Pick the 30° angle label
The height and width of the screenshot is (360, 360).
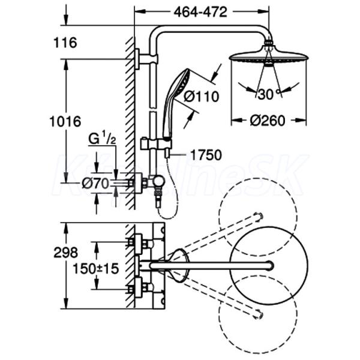266,94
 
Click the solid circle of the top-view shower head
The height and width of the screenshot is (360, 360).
268,265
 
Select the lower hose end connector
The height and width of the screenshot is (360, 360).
158,203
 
